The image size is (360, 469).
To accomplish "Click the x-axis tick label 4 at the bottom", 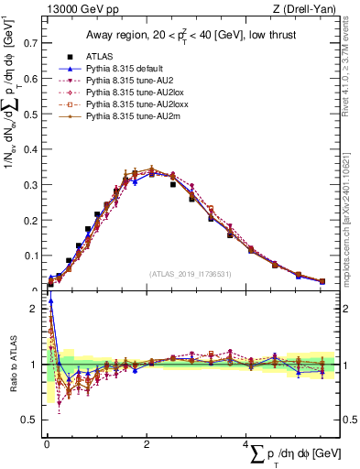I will tap(246, 443).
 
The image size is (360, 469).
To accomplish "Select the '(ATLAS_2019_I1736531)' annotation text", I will tap(189, 274).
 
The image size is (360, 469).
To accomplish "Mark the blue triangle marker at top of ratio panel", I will tap(50, 300).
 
